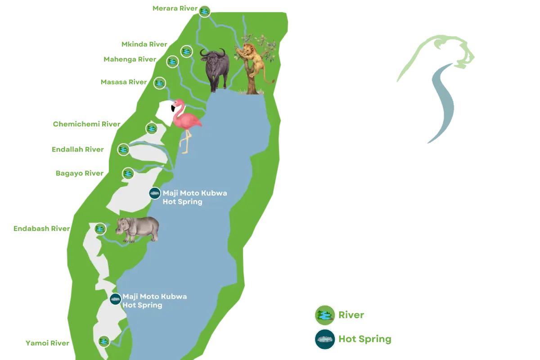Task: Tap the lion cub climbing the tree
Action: pos(253,58)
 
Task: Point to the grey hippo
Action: pos(139,229)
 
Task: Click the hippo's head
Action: pos(122,226)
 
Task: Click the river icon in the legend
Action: pos(324,315)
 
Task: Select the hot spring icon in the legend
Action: pos(324,339)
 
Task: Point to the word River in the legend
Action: pos(350,315)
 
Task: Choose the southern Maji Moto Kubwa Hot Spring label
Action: pos(154,301)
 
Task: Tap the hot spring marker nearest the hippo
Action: pos(155,193)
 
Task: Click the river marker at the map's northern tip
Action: pos(205,11)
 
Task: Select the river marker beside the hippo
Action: pos(100,229)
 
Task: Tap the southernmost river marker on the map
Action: pos(104,341)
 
